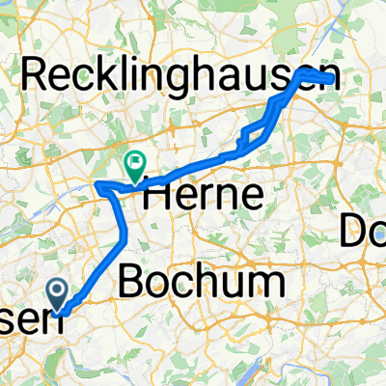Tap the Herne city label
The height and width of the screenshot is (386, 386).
(203, 197)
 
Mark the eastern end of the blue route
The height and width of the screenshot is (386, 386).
(334, 81)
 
